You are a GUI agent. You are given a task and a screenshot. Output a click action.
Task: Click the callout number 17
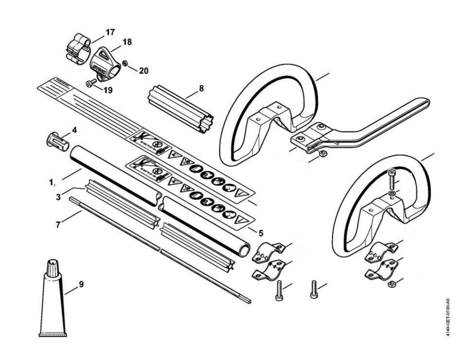click(x=110, y=32)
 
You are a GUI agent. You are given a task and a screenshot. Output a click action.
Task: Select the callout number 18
click(x=127, y=42)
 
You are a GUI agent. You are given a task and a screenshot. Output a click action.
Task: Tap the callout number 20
click(x=143, y=71)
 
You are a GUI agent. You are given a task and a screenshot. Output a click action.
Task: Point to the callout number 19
click(x=107, y=90)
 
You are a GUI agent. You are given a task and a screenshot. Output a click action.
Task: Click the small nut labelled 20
click(x=125, y=63)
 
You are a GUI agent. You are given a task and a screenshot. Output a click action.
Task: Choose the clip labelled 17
click(x=78, y=48)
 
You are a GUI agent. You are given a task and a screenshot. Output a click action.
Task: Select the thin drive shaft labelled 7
click(x=161, y=251)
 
